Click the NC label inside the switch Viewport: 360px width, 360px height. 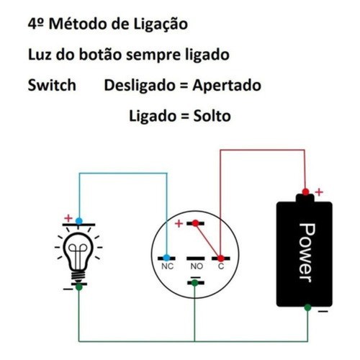pyautogui.click(x=167, y=266)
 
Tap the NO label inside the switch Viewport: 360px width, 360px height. pyautogui.click(x=197, y=266)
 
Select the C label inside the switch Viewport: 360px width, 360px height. pyautogui.click(x=221, y=266)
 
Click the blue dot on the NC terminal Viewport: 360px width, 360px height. pyautogui.click(x=166, y=258)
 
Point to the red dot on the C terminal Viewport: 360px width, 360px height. pyautogui.click(x=221, y=258)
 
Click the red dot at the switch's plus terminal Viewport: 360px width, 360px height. pyautogui.click(x=195, y=223)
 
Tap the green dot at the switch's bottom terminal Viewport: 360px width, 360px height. pyautogui.click(x=194, y=283)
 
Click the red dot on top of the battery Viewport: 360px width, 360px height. pyautogui.click(x=305, y=192)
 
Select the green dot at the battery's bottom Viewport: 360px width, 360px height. pyautogui.click(x=307, y=307)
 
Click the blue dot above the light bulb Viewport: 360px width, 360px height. pyautogui.click(x=79, y=221)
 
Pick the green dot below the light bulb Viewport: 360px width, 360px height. pyautogui.click(x=78, y=287)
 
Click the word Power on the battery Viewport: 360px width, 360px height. pyautogui.click(x=307, y=253)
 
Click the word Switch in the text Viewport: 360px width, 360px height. pyautogui.click(x=52, y=85)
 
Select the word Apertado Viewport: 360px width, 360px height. pyautogui.click(x=227, y=86)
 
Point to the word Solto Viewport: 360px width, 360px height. pyautogui.click(x=212, y=116)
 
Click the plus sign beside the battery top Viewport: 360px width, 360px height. pyautogui.click(x=319, y=192)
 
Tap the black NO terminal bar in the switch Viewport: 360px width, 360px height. pyautogui.click(x=196, y=258)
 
